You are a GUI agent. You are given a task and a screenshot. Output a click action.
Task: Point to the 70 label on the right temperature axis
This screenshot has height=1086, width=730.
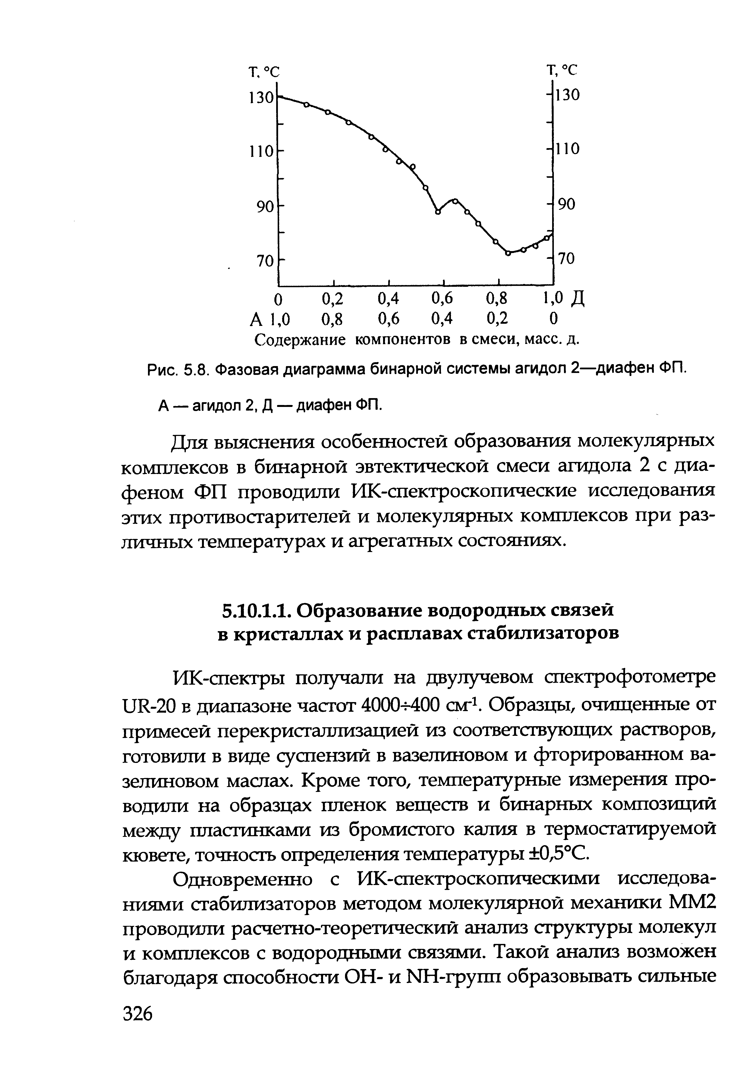[567, 259]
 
